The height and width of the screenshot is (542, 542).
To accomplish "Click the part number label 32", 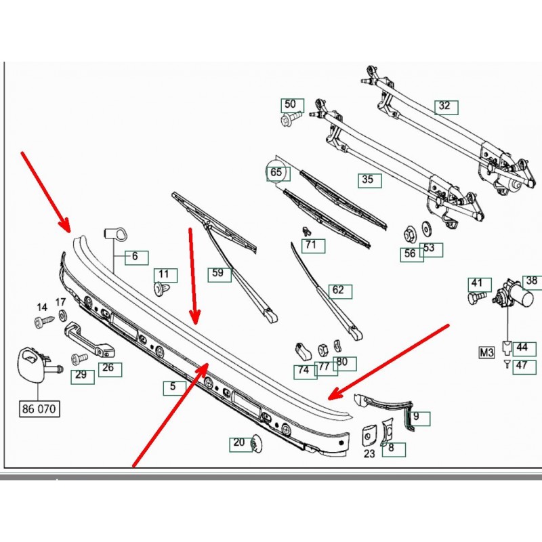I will pos(444,106).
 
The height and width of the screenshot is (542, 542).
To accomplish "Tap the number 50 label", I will pos(291,105).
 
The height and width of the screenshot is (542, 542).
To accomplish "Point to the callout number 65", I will pos(276,173).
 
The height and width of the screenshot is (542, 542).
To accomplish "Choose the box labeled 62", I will pos(339,291).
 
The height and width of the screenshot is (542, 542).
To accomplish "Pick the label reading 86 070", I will pos(41,409).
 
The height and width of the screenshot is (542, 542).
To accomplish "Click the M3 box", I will pos(487,352).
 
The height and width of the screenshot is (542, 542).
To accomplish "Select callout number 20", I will pos(239,443).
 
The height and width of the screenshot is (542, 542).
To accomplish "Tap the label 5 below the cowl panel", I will pos(173,388).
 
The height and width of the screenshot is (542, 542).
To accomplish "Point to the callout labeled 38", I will pos(531,280).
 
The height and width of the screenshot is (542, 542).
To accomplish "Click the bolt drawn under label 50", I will pos(286,121).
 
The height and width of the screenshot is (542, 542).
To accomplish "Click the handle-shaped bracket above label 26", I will pos(88,339).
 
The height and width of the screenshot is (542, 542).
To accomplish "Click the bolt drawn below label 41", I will pos(476,297).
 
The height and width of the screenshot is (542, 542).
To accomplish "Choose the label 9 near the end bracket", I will pos(417,418).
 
